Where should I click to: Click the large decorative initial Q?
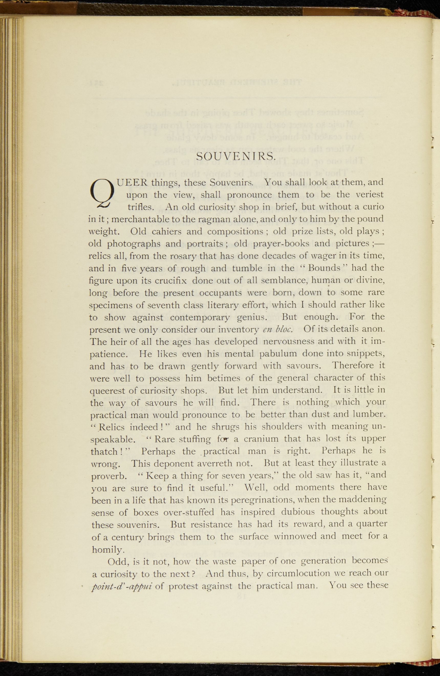tap(102, 194)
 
